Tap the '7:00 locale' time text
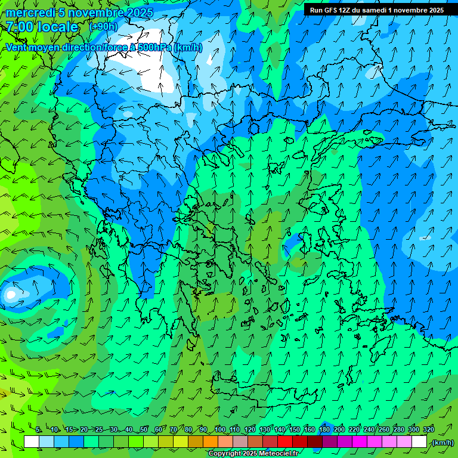42,27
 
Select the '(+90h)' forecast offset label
103,27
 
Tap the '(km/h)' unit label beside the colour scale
442,442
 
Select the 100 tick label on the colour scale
220,430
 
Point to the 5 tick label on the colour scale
38,430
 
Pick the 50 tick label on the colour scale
144,430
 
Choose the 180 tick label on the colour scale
324,430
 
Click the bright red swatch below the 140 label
286,442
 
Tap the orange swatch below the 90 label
211,442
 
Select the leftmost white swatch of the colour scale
32,442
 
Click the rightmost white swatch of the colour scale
419,442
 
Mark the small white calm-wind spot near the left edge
10,294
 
